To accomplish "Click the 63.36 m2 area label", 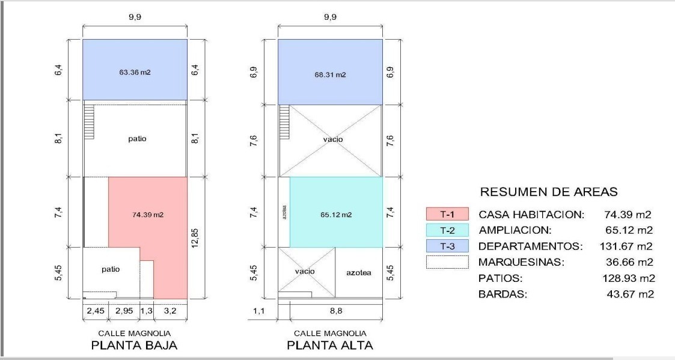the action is [135, 72].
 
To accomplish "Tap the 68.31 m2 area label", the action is [330, 75].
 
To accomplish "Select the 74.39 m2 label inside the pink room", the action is [148, 215].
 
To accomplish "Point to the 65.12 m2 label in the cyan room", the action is [336, 215].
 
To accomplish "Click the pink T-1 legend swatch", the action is [447, 214].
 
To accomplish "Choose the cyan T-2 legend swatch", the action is [447, 230].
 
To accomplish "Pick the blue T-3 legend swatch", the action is [447, 246].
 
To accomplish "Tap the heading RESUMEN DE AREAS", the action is [549, 192].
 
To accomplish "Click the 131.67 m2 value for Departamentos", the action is [626, 246].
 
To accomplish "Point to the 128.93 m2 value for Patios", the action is [629, 278].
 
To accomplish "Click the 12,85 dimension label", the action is [195, 238].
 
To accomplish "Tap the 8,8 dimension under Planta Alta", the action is [336, 311].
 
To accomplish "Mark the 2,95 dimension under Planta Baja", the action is [124, 311].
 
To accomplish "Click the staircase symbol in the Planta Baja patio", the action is [89, 122].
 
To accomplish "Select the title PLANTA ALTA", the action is [330, 345].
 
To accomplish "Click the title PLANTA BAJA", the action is [134, 345].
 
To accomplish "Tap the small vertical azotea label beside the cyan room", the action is [284, 212].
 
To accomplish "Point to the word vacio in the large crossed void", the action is [333, 139].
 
